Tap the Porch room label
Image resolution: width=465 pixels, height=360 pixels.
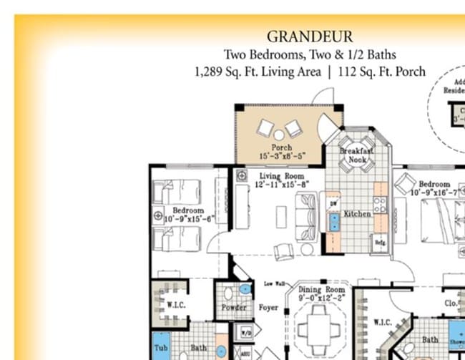coord(280,148)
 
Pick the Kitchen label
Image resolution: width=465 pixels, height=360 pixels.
coord(356,214)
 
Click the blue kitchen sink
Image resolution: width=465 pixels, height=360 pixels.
coord(333,222)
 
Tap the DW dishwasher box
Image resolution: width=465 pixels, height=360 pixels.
coord(333,203)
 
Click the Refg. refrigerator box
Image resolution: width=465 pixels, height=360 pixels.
coord(381,243)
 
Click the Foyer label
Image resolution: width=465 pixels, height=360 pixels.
coord(268,308)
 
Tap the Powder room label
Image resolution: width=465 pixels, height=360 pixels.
coord(234,308)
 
